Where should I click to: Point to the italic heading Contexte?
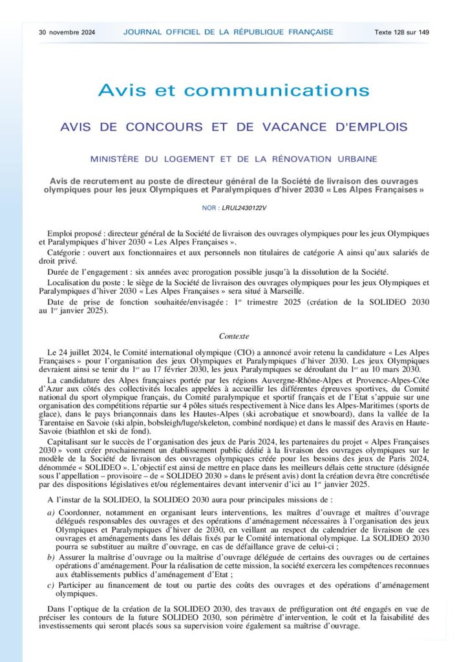233,336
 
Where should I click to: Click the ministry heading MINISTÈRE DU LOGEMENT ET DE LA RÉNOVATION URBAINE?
233,158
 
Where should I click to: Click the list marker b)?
52,557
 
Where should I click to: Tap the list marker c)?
52,585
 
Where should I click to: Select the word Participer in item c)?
79,585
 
